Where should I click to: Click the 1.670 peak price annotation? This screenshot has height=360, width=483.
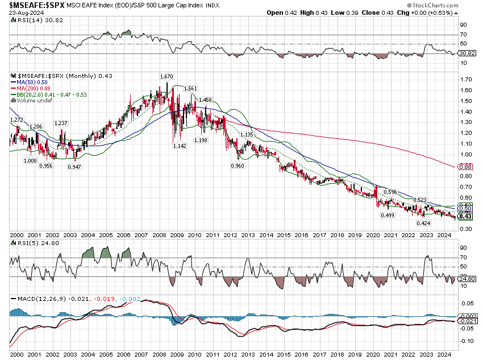pyautogui.click(x=166, y=76)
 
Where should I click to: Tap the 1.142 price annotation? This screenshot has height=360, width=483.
pyautogui.click(x=180, y=146)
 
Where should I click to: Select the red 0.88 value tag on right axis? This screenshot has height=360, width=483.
pyautogui.click(x=465, y=167)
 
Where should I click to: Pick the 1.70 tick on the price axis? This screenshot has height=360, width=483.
pyautogui.click(x=466, y=80)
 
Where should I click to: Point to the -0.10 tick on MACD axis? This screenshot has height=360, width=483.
pyautogui.click(x=467, y=341)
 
